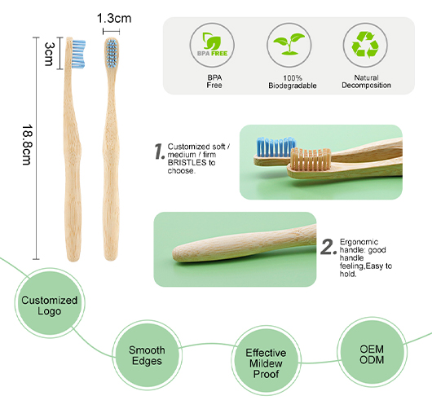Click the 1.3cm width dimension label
(x=114, y=19)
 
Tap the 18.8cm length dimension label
(x=27, y=145)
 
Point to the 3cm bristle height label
(x=49, y=54)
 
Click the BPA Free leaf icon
(x=212, y=45)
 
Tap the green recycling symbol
(x=365, y=45)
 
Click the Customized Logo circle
(x=50, y=303)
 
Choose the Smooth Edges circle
(x=147, y=355)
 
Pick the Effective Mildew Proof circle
(x=266, y=361)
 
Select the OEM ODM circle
(x=372, y=352)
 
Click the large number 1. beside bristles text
(x=160, y=152)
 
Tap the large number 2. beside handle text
(x=328, y=247)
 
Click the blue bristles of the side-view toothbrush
(x=78, y=54)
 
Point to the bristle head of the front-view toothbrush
(x=112, y=52)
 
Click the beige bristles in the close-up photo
(x=311, y=159)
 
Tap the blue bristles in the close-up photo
(x=276, y=147)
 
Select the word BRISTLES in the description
(x=187, y=162)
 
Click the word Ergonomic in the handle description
(x=359, y=242)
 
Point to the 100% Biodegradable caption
(x=293, y=81)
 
